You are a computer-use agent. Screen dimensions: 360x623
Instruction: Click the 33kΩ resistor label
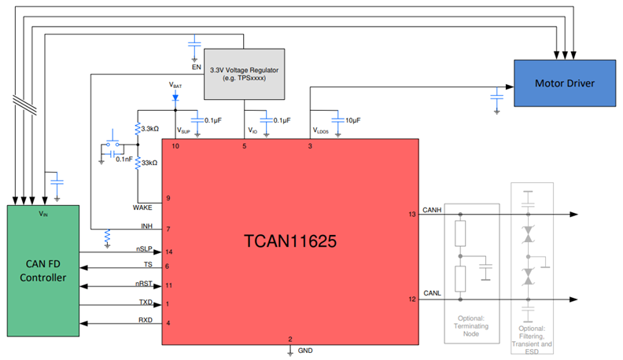point(149,163)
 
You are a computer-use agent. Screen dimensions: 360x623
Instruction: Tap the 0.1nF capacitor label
point(125,160)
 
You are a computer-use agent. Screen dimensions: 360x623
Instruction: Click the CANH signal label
point(433,210)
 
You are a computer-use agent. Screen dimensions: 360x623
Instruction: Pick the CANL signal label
point(433,293)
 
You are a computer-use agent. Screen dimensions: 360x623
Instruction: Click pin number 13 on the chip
point(411,214)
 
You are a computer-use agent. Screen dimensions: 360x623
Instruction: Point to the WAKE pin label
point(146,208)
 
